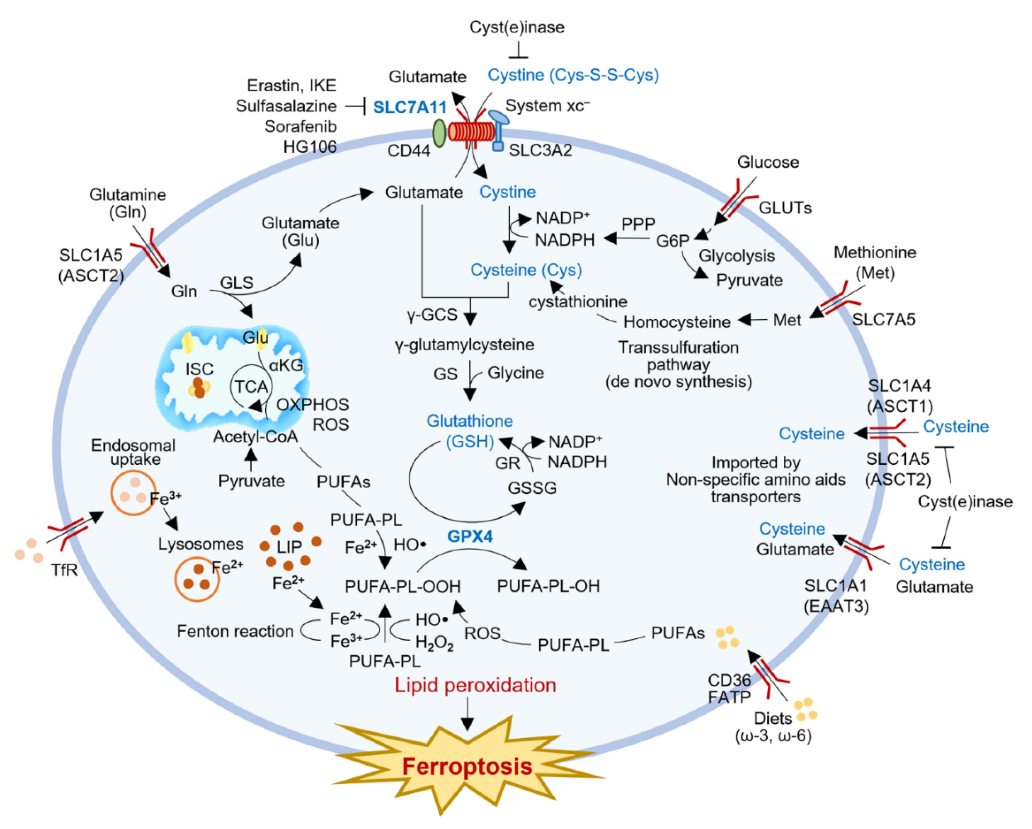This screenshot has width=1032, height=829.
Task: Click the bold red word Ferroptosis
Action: click(x=467, y=767)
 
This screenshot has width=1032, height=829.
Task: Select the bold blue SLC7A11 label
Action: click(x=410, y=107)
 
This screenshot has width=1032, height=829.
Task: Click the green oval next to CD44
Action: click(x=439, y=133)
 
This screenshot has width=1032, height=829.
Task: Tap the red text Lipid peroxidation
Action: click(x=475, y=685)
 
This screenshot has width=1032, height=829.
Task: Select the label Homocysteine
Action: click(x=677, y=322)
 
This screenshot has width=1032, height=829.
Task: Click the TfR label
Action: click(x=64, y=570)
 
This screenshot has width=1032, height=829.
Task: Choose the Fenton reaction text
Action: click(x=235, y=631)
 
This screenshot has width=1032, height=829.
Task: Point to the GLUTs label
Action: click(x=785, y=208)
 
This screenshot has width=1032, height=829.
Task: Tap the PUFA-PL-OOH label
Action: click(x=403, y=586)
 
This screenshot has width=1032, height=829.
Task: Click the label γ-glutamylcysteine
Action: click(x=464, y=344)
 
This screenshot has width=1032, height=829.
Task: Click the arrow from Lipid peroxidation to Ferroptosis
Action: click(x=467, y=714)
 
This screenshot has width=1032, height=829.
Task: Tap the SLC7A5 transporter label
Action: click(x=884, y=319)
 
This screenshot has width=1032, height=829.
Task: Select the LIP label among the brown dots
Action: click(x=289, y=547)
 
